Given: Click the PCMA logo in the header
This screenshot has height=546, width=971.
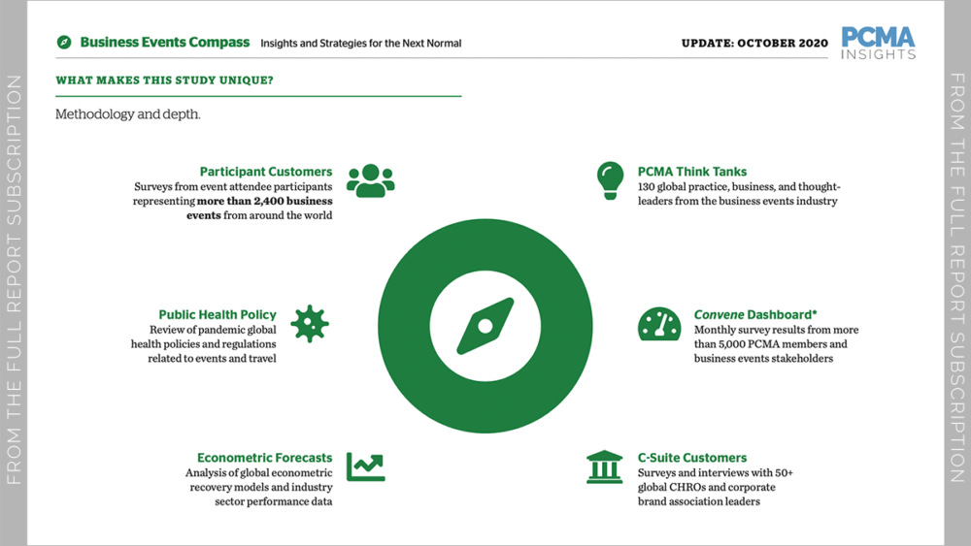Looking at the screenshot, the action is click(878, 43).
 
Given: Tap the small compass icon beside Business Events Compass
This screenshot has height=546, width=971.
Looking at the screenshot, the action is click(64, 43).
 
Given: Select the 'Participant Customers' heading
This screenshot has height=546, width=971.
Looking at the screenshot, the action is click(266, 172).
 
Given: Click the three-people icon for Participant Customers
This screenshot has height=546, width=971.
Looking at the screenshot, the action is click(370, 180).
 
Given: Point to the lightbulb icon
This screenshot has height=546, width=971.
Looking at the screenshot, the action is click(610, 179).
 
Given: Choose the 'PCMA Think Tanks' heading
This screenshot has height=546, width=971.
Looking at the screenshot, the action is click(692, 172).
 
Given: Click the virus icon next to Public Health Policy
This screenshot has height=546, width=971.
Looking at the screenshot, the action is click(310, 323).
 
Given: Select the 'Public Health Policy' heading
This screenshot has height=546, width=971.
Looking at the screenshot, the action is click(218, 314).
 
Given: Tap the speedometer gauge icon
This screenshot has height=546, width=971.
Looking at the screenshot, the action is click(659, 324).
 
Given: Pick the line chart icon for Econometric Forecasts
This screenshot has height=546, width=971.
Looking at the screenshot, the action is click(366, 466).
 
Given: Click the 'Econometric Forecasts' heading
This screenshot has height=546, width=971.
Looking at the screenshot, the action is click(264, 458).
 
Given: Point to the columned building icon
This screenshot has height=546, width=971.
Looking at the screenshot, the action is click(605, 466).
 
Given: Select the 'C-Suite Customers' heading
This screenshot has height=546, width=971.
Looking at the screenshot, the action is click(692, 458).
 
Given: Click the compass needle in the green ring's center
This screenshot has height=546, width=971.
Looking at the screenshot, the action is click(485, 326).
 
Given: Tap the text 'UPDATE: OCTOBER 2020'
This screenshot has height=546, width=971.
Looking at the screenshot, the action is click(754, 44).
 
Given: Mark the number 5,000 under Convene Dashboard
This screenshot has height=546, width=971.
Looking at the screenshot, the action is click(733, 344).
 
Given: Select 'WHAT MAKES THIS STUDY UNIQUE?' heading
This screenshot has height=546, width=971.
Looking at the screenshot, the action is click(164, 80).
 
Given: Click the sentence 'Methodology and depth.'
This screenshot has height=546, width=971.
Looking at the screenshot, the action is click(127, 114).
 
